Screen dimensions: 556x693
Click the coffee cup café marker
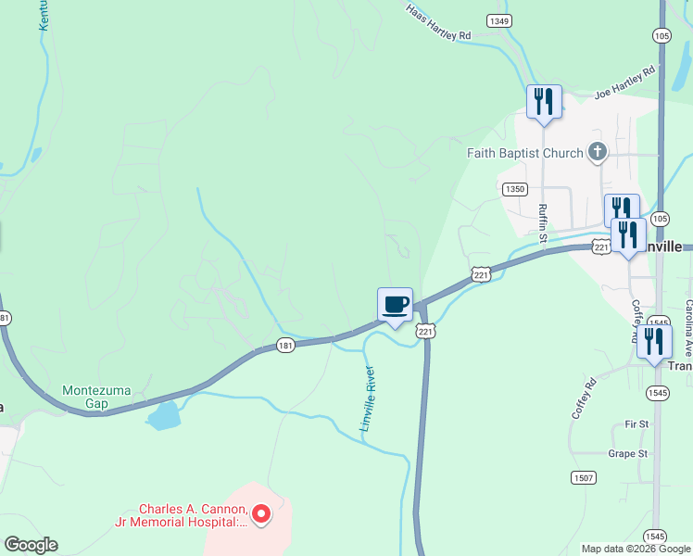pos(395,305)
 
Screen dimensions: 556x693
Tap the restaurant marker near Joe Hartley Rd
pos(544,102)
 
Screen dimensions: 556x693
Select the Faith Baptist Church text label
pos(524,153)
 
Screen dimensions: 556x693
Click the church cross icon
pos(598,152)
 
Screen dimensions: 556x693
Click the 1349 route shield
pos(499,20)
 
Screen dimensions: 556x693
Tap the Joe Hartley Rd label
pos(624,82)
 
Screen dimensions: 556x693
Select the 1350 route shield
pos(516,189)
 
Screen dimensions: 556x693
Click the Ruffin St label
pos(544,225)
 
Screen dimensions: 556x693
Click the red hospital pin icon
pos(261,512)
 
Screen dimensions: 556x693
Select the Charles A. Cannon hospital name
pos(193,515)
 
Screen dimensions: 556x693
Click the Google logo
pos(31,544)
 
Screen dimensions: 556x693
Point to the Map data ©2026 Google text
pos(636,549)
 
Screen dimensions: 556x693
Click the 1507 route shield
pos(584,477)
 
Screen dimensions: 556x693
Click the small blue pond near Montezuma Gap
pos(163,415)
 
